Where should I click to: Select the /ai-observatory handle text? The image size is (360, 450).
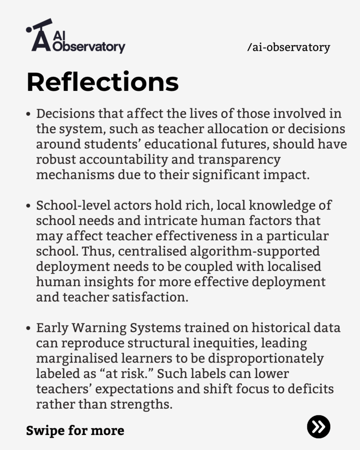(x=288, y=47)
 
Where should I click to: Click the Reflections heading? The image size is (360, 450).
(x=102, y=82)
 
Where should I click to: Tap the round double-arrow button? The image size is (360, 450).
(x=318, y=426)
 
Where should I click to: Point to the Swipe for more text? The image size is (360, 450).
(x=75, y=430)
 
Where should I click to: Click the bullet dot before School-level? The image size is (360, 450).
(x=29, y=206)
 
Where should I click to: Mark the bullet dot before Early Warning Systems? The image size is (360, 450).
(x=29, y=328)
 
